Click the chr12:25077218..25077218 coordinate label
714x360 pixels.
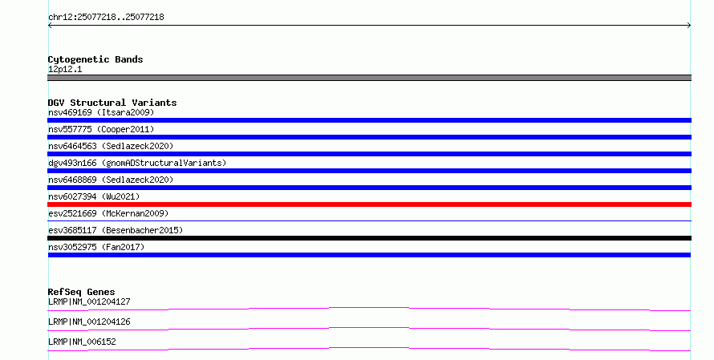click(x=106, y=18)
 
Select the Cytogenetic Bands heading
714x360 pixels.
click(x=95, y=59)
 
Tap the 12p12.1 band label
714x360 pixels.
click(x=65, y=70)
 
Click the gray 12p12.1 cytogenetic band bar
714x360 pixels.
click(x=369, y=78)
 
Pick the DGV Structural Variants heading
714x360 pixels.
click(x=112, y=103)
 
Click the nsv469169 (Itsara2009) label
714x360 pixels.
click(x=101, y=112)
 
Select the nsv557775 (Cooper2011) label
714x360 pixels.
click(x=101, y=129)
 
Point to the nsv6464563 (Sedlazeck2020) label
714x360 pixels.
click(x=111, y=146)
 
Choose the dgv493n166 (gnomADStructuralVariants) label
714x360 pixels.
click(x=137, y=163)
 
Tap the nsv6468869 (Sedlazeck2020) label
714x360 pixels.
click(x=111, y=180)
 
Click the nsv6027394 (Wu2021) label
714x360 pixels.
click(x=94, y=196)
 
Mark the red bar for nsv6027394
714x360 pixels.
click(x=369, y=204)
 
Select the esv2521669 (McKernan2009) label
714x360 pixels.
click(x=108, y=213)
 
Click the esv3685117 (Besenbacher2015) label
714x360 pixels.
click(x=116, y=230)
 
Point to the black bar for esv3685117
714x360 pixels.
click(x=369, y=238)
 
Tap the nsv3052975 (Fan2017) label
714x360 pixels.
click(x=96, y=247)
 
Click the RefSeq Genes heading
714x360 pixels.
click(x=82, y=292)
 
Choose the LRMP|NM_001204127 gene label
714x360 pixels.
click(x=89, y=301)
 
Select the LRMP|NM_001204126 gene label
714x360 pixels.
click(x=89, y=322)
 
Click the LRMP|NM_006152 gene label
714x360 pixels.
click(x=82, y=342)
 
